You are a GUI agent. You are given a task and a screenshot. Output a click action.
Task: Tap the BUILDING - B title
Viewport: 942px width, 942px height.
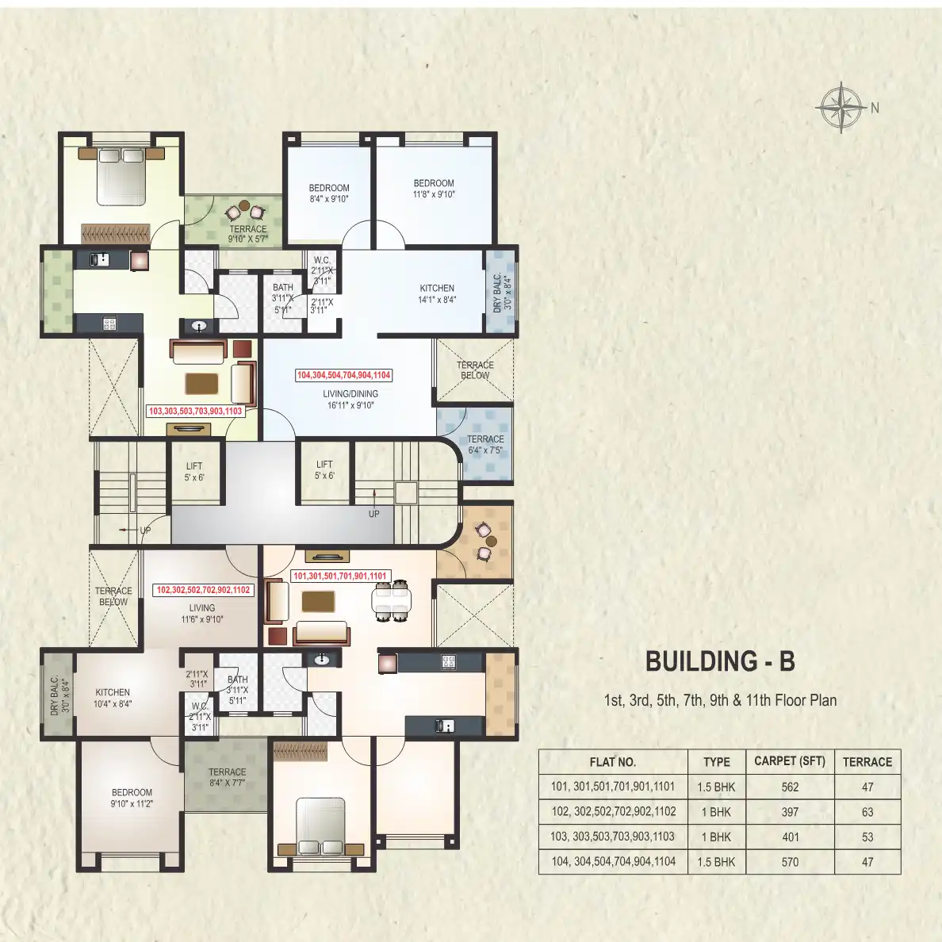pyautogui.click(x=720, y=661)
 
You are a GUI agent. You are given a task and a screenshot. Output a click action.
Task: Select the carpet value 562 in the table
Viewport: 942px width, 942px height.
pyautogui.click(x=790, y=787)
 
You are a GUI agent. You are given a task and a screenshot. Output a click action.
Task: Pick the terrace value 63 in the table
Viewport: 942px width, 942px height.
pyautogui.click(x=867, y=812)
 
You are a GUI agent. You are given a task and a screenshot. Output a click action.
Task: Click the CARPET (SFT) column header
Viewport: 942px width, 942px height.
pyautogui.click(x=790, y=761)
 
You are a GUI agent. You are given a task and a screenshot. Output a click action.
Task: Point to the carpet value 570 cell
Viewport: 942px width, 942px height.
pyautogui.click(x=790, y=862)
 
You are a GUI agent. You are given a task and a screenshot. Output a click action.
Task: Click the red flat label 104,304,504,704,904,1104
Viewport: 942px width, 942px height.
pyautogui.click(x=343, y=375)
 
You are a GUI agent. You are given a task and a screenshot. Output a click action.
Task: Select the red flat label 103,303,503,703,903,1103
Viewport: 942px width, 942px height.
pyautogui.click(x=195, y=411)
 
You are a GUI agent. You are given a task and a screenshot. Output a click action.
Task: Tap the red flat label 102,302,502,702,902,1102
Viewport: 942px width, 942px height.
pyautogui.click(x=203, y=590)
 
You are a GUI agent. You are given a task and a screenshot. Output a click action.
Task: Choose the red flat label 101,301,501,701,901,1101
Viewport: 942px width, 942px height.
pyautogui.click(x=339, y=576)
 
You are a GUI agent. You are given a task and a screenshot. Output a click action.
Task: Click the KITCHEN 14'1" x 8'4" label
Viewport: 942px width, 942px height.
pyautogui.click(x=437, y=293)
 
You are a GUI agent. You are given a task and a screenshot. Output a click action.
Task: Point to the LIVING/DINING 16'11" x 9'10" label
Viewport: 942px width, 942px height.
pyautogui.click(x=350, y=400)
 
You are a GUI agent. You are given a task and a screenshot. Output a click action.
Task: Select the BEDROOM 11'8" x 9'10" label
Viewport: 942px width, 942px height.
pyautogui.click(x=433, y=189)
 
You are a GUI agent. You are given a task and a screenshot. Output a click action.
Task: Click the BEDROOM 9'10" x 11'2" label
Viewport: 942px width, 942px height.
pyautogui.click(x=132, y=798)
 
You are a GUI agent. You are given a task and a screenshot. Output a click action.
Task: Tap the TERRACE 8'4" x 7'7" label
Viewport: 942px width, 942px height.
pyautogui.click(x=227, y=777)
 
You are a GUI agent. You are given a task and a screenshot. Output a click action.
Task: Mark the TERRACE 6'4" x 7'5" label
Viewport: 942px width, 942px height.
pyautogui.click(x=485, y=445)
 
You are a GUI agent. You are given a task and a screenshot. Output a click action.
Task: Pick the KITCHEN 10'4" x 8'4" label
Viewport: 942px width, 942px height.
pyautogui.click(x=113, y=698)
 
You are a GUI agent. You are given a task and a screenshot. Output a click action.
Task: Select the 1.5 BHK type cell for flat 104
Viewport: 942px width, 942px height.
pyautogui.click(x=716, y=862)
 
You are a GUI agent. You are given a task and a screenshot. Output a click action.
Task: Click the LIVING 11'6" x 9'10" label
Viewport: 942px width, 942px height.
pyautogui.click(x=202, y=614)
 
